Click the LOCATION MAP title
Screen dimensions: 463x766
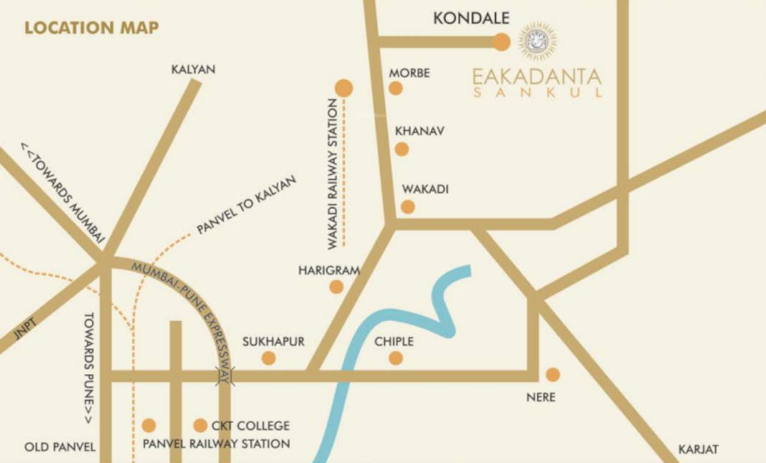[x=92, y=28]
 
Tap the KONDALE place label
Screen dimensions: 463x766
[x=471, y=19]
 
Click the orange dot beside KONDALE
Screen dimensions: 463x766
[x=501, y=42]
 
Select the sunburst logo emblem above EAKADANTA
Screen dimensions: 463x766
[x=537, y=40]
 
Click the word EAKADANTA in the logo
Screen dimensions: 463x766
[x=537, y=77]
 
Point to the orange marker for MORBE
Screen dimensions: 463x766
[x=396, y=88]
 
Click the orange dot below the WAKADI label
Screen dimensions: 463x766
[x=408, y=207]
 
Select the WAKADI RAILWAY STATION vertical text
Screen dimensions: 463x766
[x=332, y=175]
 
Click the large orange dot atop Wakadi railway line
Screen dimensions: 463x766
[x=344, y=88]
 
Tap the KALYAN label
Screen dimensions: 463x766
[x=193, y=70]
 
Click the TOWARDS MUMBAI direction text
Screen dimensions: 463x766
[x=63, y=192]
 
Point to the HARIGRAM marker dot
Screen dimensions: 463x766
[x=336, y=287]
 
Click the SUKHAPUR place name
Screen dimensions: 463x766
[x=273, y=342]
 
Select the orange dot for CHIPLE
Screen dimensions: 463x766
[x=396, y=358]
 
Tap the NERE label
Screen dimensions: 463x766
[x=540, y=397]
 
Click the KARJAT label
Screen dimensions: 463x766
[x=698, y=450]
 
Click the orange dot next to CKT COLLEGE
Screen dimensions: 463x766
[x=200, y=426]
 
